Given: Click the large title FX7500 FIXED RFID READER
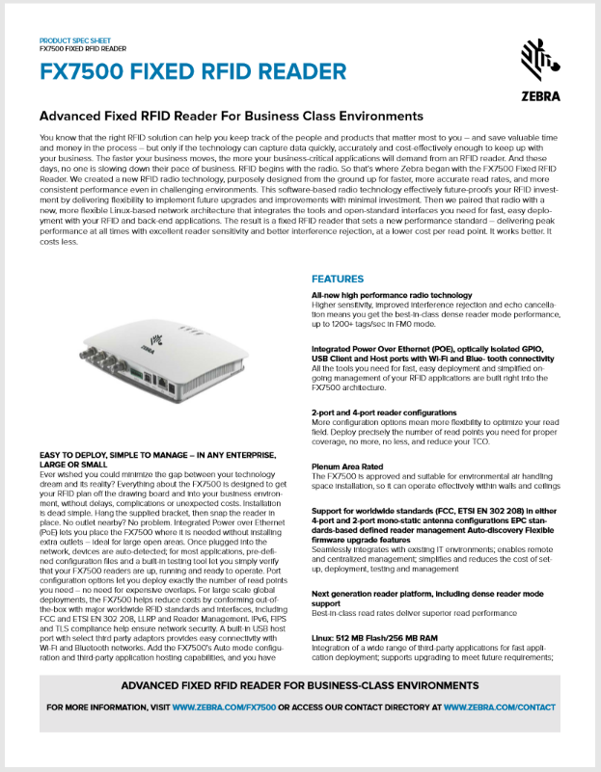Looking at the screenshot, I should click(x=193, y=71).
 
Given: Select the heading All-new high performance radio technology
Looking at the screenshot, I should click(x=392, y=295).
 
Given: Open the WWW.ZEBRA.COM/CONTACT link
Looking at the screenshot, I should click(x=499, y=707).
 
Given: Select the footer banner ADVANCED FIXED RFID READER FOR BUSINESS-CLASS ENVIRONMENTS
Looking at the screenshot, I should click(x=300, y=685).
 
